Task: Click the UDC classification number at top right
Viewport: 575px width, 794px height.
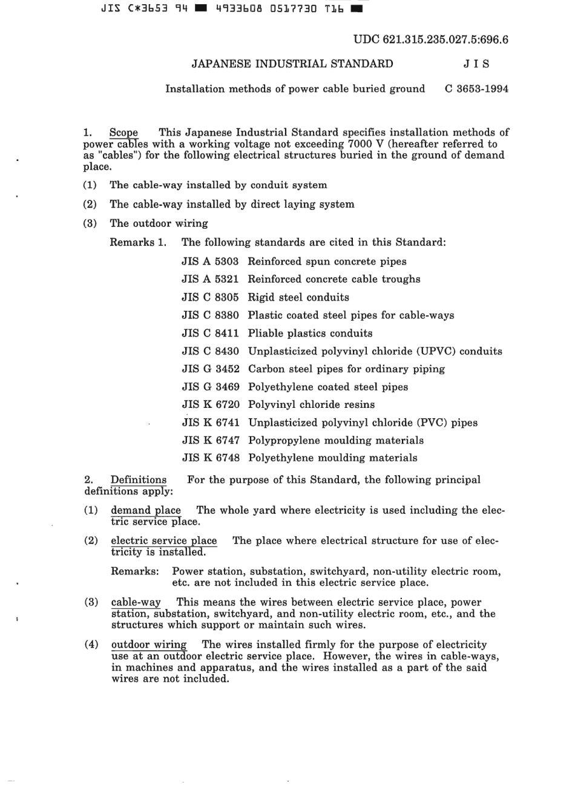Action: tap(430, 40)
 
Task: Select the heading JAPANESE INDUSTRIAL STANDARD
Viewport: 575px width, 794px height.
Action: tap(292, 64)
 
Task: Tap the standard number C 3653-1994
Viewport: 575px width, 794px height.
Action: tap(476, 89)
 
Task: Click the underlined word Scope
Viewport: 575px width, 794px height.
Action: tap(123, 133)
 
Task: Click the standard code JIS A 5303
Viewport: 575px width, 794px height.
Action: tap(210, 261)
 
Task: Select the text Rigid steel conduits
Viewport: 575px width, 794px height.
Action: tap(298, 297)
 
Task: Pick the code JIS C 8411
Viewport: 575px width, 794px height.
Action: tap(210, 333)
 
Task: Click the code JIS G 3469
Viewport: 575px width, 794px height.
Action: tap(210, 387)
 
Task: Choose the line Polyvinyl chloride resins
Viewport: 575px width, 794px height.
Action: tap(311, 405)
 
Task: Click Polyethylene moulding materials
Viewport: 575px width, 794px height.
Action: tap(332, 458)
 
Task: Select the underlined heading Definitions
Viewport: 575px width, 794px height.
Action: tap(139, 481)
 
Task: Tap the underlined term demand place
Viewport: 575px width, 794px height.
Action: tap(146, 511)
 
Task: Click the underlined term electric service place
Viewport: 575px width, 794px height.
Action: tap(163, 541)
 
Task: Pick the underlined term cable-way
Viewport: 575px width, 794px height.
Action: tap(136, 603)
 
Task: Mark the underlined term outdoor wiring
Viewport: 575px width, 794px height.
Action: tap(149, 645)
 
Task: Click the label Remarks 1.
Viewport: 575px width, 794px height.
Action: tap(138, 243)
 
